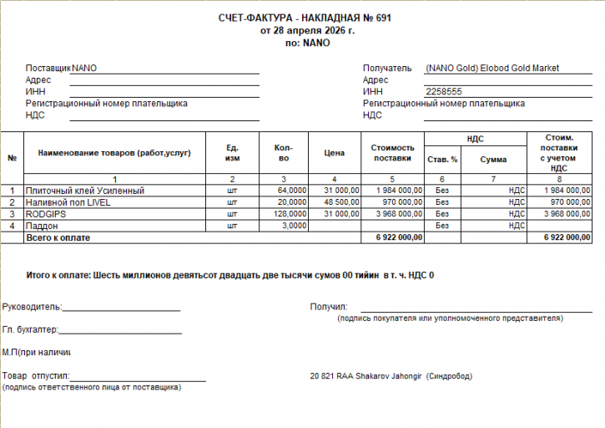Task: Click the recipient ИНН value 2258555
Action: coord(444,92)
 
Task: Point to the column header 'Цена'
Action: coord(334,154)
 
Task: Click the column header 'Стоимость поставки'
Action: coord(392,153)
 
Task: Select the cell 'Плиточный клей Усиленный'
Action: coord(85,191)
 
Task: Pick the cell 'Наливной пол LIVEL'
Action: coord(68,202)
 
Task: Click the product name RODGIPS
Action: coord(45,214)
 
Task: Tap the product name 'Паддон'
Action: coord(42,226)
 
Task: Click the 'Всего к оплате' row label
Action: coord(58,237)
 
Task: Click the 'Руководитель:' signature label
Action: coord(32,307)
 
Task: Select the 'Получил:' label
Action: coord(329,307)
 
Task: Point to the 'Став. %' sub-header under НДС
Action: coord(442,159)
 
